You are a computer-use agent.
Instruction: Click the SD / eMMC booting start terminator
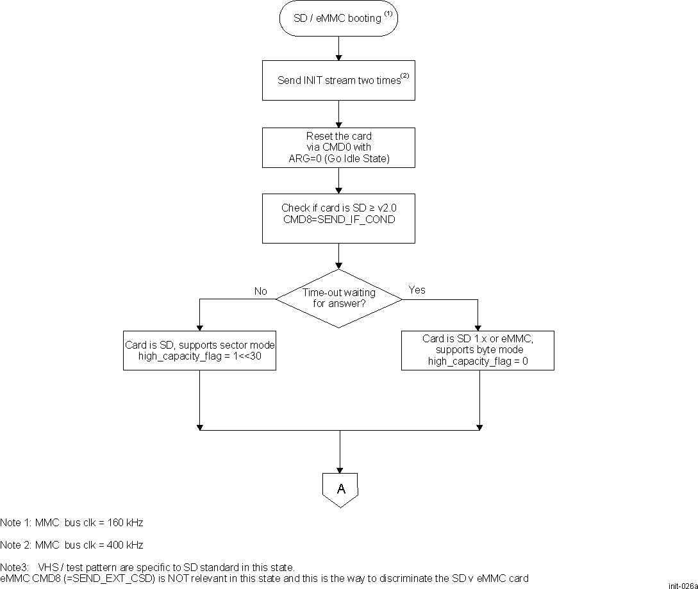tap(338, 19)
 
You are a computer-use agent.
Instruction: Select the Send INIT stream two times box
tap(338, 81)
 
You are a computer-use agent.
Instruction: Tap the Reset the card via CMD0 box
tap(338, 147)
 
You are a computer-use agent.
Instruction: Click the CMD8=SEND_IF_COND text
tap(338, 219)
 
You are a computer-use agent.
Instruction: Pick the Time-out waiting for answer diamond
tap(338, 298)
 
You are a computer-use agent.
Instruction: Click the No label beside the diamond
tap(260, 291)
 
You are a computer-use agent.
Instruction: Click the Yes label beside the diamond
tap(417, 290)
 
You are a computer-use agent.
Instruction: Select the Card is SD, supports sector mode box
tap(200, 351)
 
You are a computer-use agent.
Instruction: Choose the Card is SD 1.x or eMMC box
tap(478, 350)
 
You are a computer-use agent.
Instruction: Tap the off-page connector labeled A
tap(340, 490)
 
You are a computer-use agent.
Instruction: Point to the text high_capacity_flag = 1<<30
tap(200, 356)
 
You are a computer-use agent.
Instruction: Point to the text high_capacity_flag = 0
tap(478, 361)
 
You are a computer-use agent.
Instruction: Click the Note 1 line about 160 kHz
tap(72, 522)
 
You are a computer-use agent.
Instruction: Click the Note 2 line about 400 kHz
tap(72, 545)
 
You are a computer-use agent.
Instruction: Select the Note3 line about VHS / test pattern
tap(147, 567)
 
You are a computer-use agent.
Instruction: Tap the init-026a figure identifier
tap(682, 585)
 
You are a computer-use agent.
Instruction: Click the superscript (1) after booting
tap(388, 14)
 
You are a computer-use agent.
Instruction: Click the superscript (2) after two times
tap(404, 76)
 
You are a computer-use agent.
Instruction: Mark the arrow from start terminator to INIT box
tap(338, 48)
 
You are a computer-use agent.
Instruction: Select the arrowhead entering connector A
tap(339, 470)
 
